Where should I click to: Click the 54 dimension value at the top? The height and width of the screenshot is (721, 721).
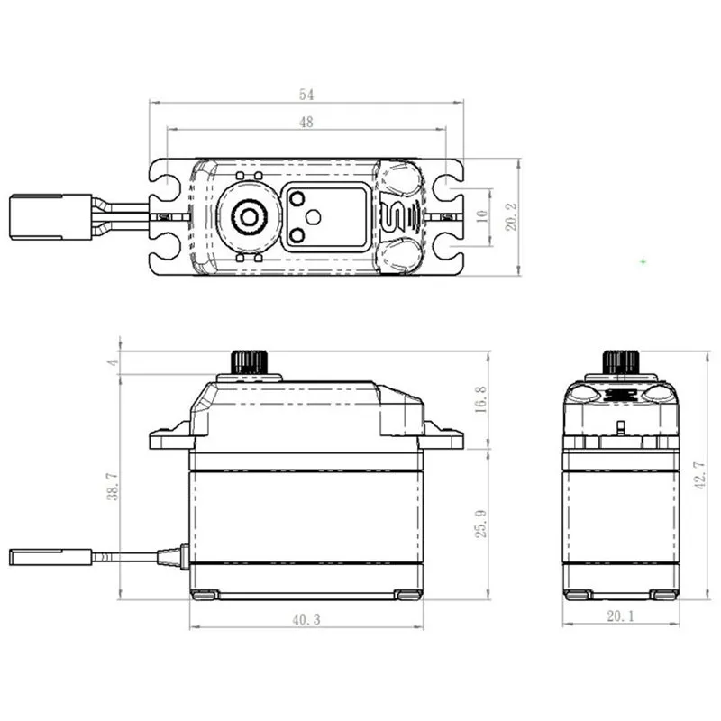(306, 94)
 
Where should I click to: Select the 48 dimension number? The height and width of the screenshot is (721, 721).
(306, 123)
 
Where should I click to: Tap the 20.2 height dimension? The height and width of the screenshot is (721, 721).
(511, 217)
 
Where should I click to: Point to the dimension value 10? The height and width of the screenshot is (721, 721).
(480, 217)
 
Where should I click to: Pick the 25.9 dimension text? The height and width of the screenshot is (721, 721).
(481, 522)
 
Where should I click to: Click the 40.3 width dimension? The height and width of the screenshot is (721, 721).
(306, 620)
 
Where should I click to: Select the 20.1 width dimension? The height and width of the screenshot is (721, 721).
(620, 617)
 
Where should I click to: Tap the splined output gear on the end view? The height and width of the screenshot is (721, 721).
(620, 362)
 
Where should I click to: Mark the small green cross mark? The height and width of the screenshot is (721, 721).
(643, 262)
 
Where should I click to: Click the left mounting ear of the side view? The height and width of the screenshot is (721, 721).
(168, 438)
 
